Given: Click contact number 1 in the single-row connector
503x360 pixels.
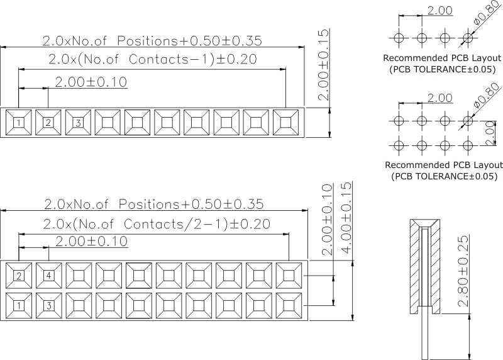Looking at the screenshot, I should coord(19,122).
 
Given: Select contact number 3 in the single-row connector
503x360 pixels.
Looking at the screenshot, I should coord(78,122).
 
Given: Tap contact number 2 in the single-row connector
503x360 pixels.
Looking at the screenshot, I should coord(48,122).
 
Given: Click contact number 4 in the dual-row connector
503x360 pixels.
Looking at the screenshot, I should coord(49,276).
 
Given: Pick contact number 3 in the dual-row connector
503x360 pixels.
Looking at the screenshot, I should coord(49,306).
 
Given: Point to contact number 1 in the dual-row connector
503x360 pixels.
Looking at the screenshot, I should coord(19,306).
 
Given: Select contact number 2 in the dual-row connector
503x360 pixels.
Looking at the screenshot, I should coord(19,276).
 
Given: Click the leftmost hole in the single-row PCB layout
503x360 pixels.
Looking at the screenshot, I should coord(398,37).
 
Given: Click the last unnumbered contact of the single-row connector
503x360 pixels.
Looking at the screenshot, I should coord(285,122).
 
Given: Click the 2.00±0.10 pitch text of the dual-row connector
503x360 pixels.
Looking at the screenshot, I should coord(92,242).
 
